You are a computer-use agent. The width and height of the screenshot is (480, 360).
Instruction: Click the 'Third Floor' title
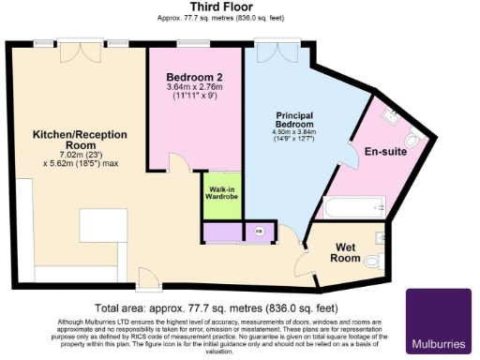pyautogui.click(x=239, y=7)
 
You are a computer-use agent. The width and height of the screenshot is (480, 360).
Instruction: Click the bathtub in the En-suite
pyautogui.click(x=354, y=206)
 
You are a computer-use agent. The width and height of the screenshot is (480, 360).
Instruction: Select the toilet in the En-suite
pyautogui.click(x=418, y=142)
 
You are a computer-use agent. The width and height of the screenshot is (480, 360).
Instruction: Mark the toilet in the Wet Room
pyautogui.click(x=374, y=262)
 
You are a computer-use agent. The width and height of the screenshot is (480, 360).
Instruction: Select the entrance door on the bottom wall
pyautogui.click(x=147, y=278)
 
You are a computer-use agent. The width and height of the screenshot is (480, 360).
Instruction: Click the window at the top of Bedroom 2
pyautogui.click(x=194, y=43)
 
